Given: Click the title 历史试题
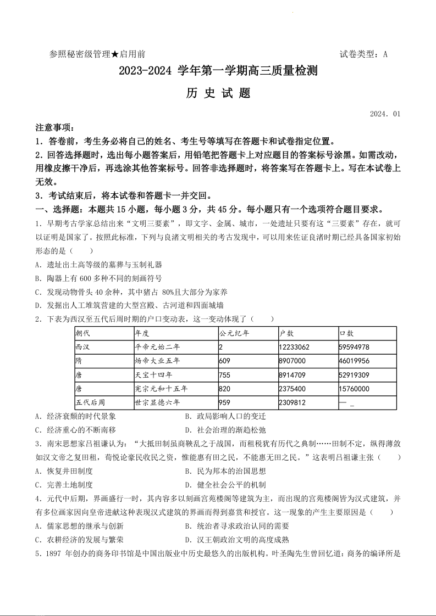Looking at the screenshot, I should [218, 93].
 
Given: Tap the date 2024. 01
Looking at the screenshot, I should [385, 114].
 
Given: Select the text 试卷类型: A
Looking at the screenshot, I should [363, 54].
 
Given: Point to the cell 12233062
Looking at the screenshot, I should [294, 347].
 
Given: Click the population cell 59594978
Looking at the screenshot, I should [355, 347].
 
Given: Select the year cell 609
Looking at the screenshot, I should [224, 361].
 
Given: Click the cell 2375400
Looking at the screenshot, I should [292, 389].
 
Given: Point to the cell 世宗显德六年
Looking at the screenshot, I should [157, 402].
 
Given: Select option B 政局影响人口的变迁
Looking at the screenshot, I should [225, 416].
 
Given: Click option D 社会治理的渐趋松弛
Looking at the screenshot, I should [225, 430].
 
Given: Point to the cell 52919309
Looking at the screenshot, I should [355, 375].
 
